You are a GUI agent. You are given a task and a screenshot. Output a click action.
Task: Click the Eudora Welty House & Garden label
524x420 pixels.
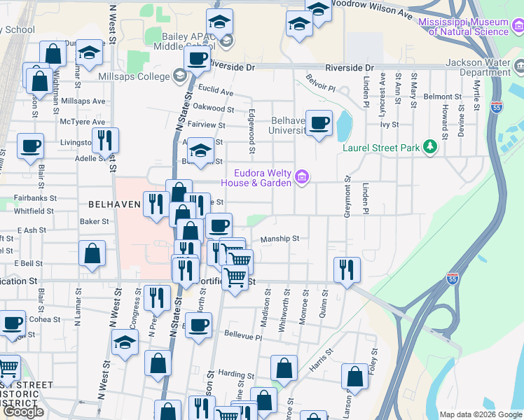coord(256,178)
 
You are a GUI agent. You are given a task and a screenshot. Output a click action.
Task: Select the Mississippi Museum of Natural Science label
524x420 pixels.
coord(463,27)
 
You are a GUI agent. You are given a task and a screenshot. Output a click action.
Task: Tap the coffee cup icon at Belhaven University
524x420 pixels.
coord(319,123)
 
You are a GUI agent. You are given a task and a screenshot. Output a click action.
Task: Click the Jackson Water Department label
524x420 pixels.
coord(480,67)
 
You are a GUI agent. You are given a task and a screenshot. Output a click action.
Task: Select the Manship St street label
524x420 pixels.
coord(280,239)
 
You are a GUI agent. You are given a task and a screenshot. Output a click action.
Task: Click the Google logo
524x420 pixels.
coord(23,412)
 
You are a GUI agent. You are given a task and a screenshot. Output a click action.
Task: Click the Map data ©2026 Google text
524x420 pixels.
coord(481,414)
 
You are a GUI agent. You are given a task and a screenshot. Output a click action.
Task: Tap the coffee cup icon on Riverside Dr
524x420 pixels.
coord(197,59)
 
